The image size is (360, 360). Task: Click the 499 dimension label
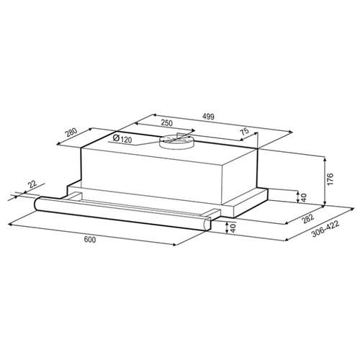[208, 117]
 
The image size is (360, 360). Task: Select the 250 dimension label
[166, 123]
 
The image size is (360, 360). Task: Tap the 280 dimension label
[72, 132]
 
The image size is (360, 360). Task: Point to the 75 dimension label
[244, 132]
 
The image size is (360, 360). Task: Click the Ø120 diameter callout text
[122, 138]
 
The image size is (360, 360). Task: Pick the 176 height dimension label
[330, 179]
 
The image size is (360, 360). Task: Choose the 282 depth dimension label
[308, 219]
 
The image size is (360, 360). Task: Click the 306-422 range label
[325, 229]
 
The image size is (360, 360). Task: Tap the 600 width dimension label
[90, 239]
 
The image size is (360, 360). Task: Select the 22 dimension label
[32, 184]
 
